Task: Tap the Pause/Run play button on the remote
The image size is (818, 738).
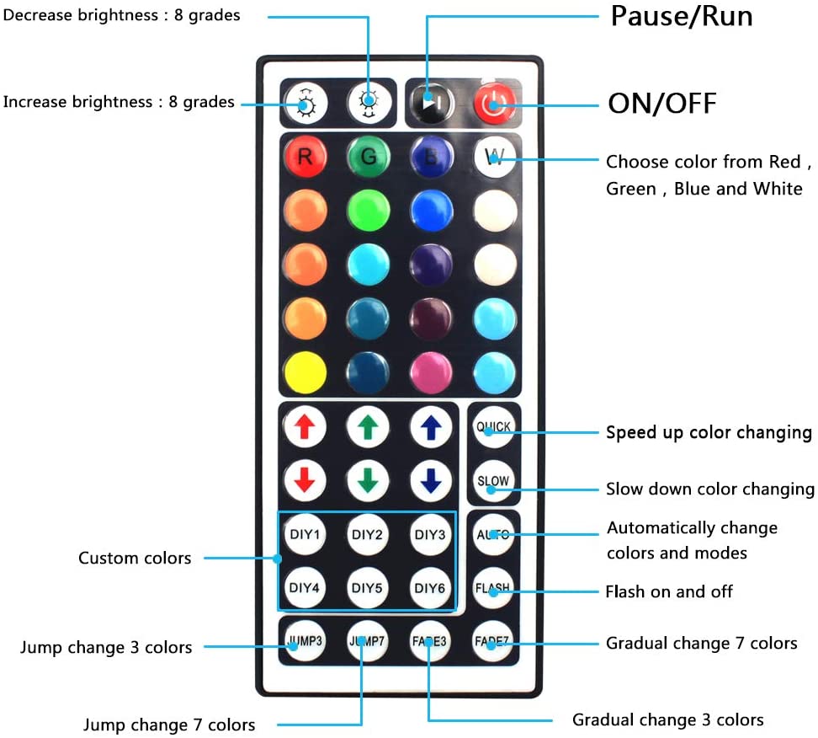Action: (431, 103)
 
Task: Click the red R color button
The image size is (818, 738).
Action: (305, 156)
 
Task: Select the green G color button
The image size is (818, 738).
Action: (368, 156)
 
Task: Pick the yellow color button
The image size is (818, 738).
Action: (305, 372)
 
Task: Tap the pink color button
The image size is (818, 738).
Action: (431, 372)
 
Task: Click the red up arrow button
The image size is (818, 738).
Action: (305, 427)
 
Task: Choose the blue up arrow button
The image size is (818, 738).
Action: (431, 427)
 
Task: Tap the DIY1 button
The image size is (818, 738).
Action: (305, 534)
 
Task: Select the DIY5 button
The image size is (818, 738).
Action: (368, 588)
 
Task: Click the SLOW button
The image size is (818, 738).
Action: (493, 481)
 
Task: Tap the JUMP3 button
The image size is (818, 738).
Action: (305, 641)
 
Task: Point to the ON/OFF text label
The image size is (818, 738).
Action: (662, 104)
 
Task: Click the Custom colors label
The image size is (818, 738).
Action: (135, 558)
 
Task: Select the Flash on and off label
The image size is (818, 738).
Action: (669, 591)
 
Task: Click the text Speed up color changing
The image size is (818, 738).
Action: (709, 432)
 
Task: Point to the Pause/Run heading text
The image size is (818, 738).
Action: (682, 16)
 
